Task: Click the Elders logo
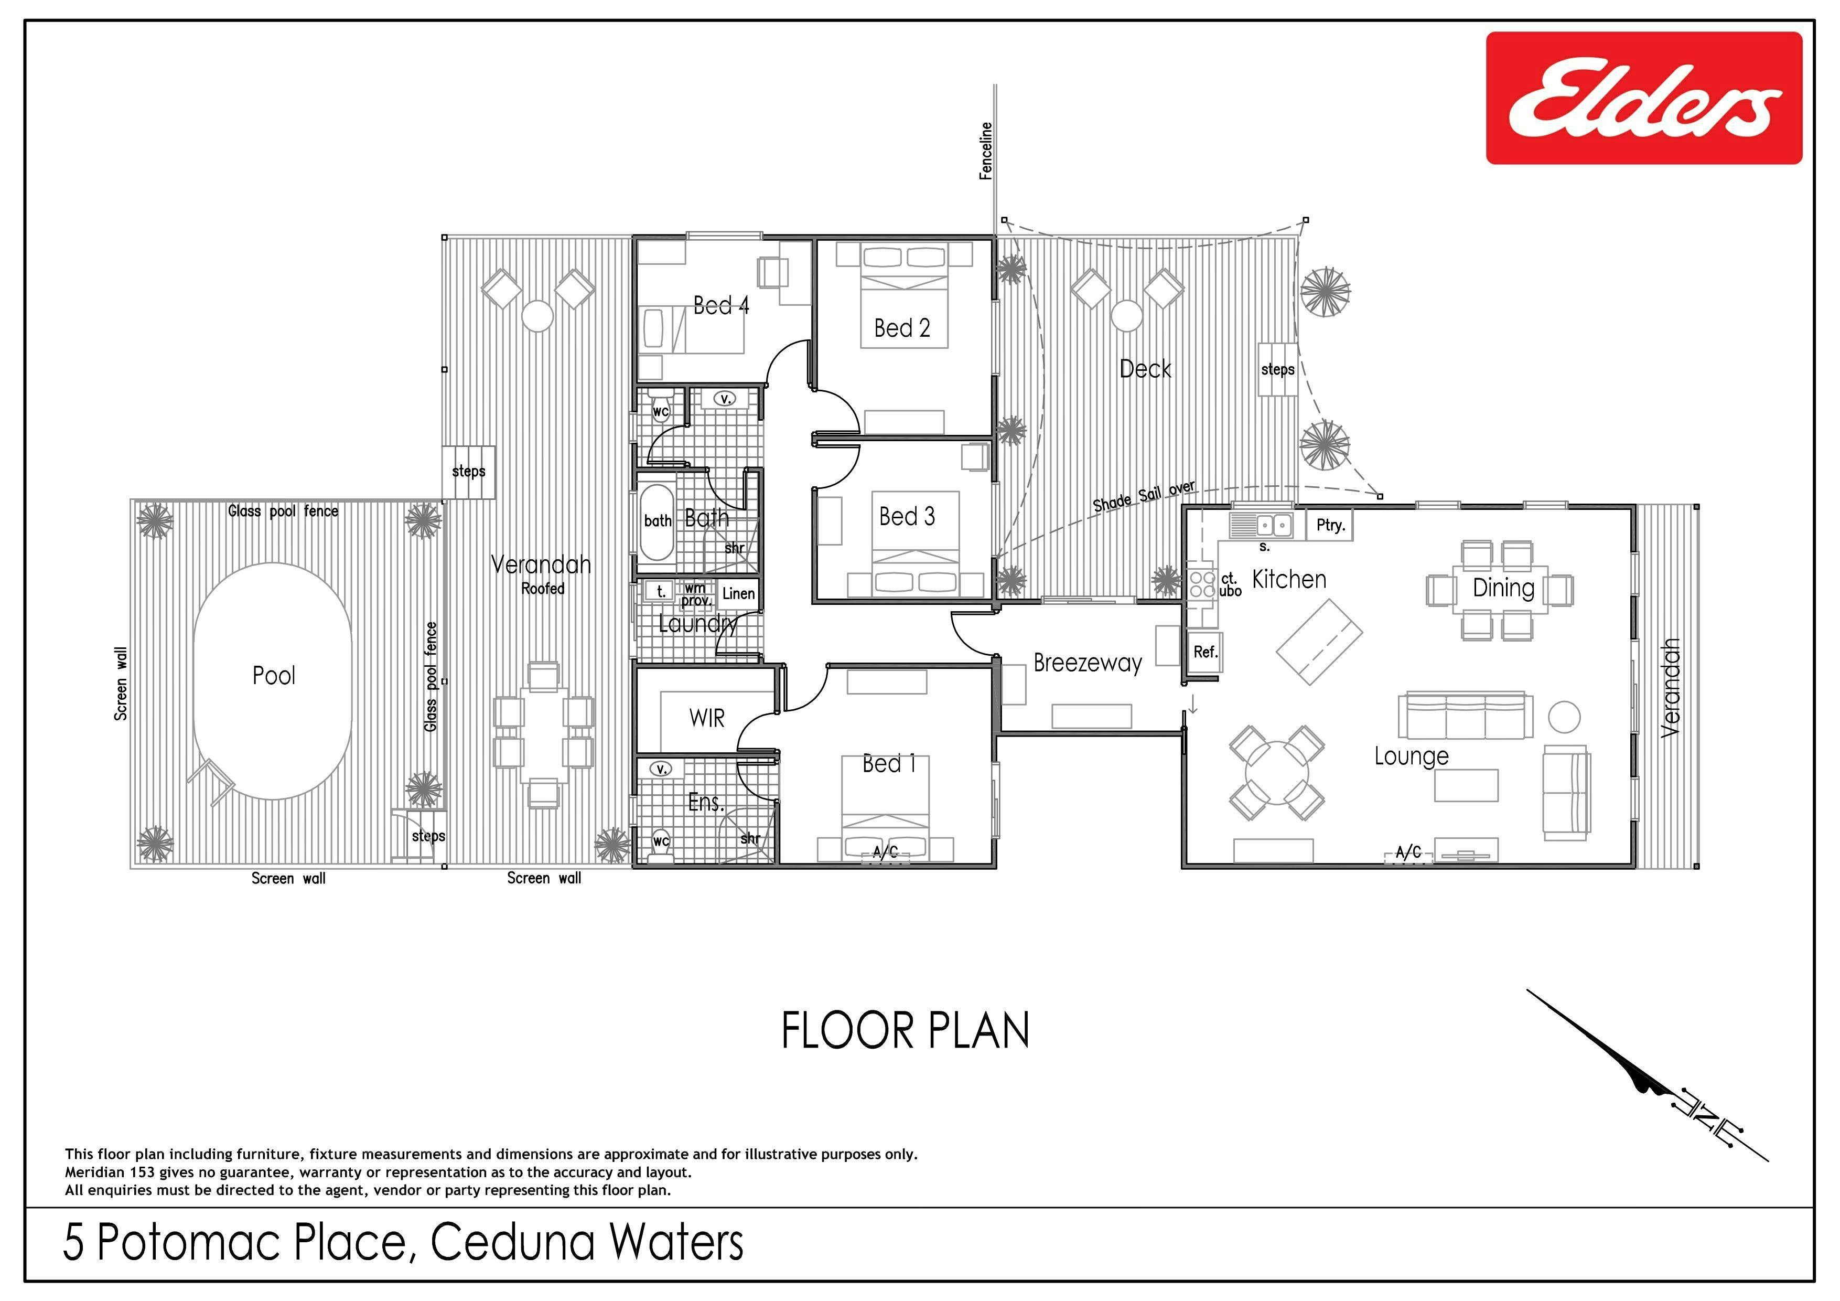point(1644,98)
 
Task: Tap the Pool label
point(274,676)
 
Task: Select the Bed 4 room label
point(721,305)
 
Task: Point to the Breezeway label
point(1088,663)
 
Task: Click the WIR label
point(707,718)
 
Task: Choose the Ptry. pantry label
point(1330,526)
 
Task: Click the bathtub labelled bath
point(658,522)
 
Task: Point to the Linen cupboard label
point(738,594)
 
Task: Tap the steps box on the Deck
point(1277,369)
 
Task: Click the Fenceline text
point(986,151)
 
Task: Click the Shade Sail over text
point(1144,496)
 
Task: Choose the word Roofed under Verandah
point(543,589)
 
